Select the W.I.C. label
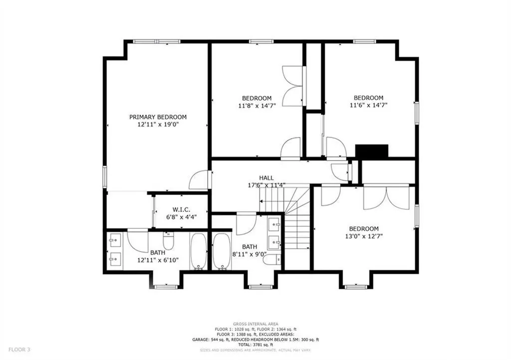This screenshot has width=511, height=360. tap(180, 209)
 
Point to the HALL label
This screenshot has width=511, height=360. tap(265, 178)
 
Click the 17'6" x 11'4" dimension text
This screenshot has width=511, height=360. tap(265, 185)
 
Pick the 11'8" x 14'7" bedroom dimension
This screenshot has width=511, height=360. tap(256, 106)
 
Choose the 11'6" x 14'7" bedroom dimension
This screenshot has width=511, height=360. tap(368, 105)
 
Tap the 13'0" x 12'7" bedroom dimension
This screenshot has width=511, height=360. tap(363, 236)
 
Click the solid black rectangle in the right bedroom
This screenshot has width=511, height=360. tap(371, 152)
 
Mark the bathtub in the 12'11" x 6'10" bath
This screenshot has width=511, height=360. tap(198, 251)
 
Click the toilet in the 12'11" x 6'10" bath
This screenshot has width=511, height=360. tap(169, 242)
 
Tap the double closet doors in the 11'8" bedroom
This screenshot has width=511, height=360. tap(293, 86)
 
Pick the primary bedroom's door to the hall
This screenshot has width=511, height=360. tap(200, 180)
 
